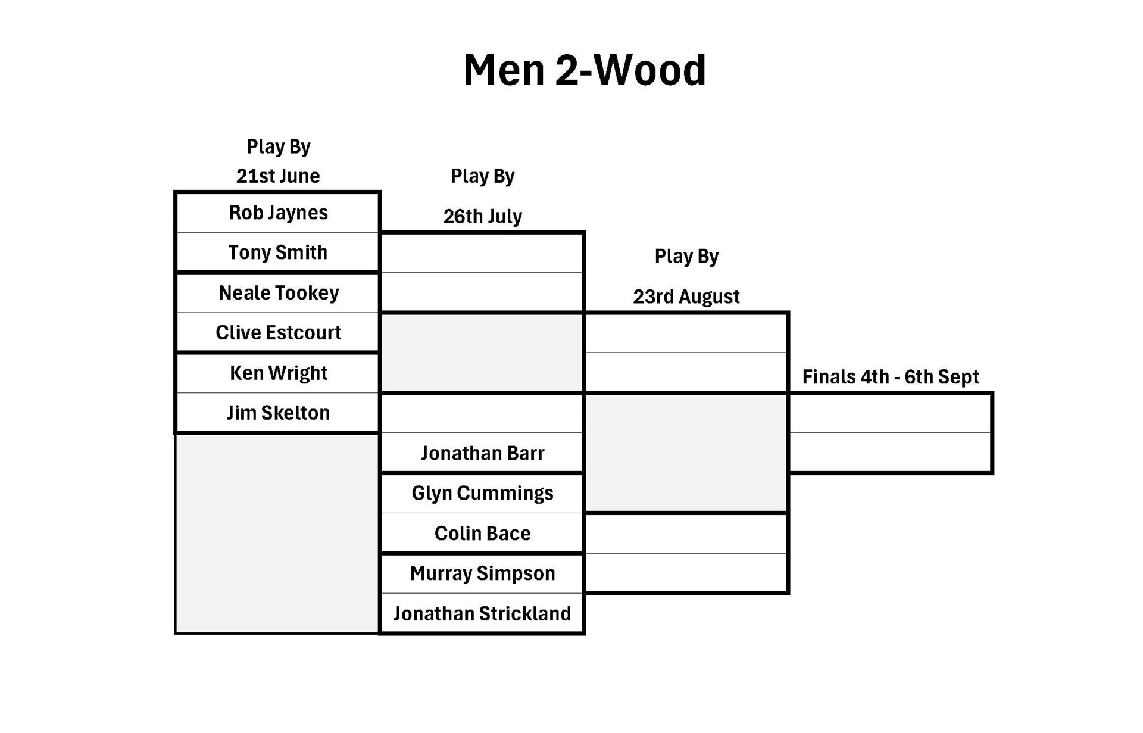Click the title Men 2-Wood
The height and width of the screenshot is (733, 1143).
pyautogui.click(x=584, y=70)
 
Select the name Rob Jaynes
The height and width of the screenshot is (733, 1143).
pyautogui.click(x=278, y=213)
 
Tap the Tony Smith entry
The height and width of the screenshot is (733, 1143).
pyautogui.click(x=278, y=252)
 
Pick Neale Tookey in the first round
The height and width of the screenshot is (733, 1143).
pyautogui.click(x=278, y=293)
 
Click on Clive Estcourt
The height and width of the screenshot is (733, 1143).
pyautogui.click(x=278, y=333)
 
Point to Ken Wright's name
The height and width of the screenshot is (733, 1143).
pyautogui.click(x=278, y=373)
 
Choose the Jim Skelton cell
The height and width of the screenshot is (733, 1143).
pyautogui.click(x=278, y=413)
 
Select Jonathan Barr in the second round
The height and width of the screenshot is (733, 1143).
pyautogui.click(x=482, y=453)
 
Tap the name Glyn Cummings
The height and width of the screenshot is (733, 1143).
pyautogui.click(x=482, y=493)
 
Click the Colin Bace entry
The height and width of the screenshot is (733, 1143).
pyautogui.click(x=482, y=534)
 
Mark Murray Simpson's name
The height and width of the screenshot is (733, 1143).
pyautogui.click(x=482, y=573)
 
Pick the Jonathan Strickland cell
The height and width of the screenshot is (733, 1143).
pyautogui.click(x=482, y=614)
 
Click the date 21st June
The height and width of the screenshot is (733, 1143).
pyautogui.click(x=278, y=176)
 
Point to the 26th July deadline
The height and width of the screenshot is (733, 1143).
pyautogui.click(x=482, y=216)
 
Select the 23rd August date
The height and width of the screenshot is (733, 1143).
pyautogui.click(x=686, y=297)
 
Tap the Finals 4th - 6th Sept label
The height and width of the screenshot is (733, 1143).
pyautogui.click(x=890, y=377)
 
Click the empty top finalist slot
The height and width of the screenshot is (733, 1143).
pyautogui.click(x=890, y=413)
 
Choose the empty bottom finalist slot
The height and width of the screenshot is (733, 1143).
pyautogui.click(x=890, y=453)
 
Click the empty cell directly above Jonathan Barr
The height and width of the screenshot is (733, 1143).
pyautogui.click(x=482, y=413)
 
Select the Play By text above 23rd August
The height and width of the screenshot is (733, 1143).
pyautogui.click(x=686, y=257)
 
